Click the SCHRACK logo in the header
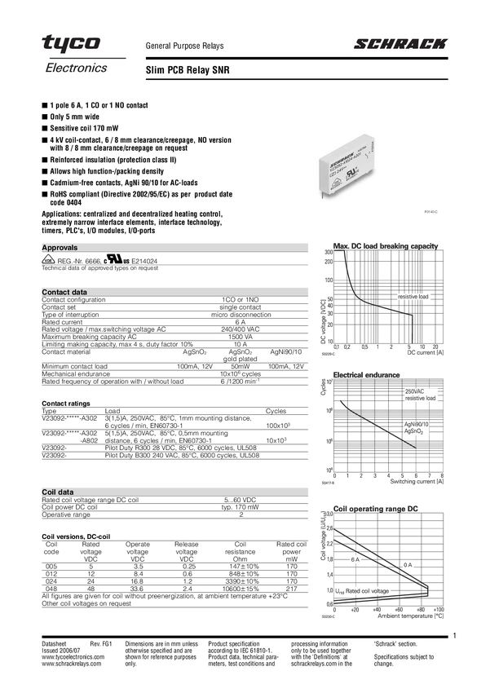[x=400, y=45]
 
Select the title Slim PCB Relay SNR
[x=187, y=71]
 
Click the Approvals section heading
[x=60, y=247]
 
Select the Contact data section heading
[x=64, y=291]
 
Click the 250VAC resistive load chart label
[x=421, y=395]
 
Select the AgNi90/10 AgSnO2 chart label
[x=417, y=429]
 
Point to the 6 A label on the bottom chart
[x=355, y=559]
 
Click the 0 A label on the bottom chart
[x=408, y=565]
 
